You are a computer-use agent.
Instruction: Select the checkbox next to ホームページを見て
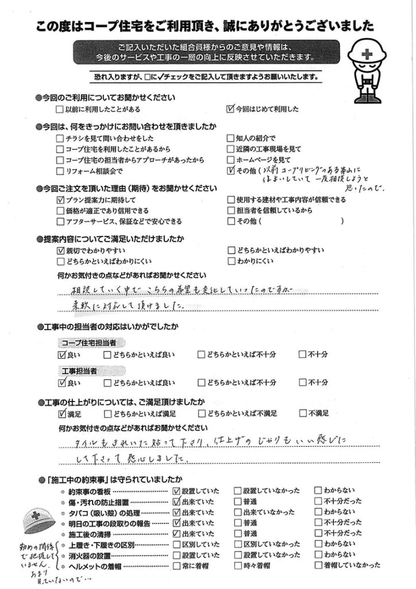click(x=231, y=159)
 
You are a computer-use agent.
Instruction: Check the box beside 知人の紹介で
click(x=231, y=138)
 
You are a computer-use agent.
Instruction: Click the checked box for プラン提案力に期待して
click(x=60, y=200)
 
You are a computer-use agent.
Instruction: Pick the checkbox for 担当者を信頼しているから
click(x=231, y=211)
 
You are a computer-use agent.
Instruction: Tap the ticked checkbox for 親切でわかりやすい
click(x=60, y=251)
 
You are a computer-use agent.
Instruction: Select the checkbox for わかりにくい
click(x=231, y=261)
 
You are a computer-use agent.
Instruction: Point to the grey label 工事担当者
click(x=80, y=371)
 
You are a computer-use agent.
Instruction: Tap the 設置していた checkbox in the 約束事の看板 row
click(x=176, y=491)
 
